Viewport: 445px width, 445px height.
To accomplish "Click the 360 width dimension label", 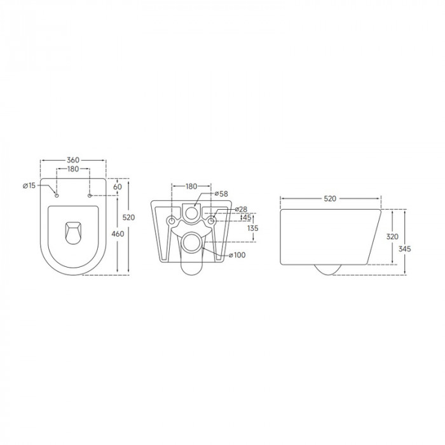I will (73, 160).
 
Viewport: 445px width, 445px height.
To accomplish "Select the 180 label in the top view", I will (73, 169).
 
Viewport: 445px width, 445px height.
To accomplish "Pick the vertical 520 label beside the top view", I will (128, 218).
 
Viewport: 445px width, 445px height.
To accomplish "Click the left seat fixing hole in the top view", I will (57, 195).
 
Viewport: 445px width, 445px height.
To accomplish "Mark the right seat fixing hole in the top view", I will (90, 195).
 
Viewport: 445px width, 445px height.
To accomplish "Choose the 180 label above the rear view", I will (191, 186).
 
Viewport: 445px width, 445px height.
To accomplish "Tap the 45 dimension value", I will (245, 217).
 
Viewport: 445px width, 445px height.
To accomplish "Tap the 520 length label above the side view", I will (330, 198).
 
